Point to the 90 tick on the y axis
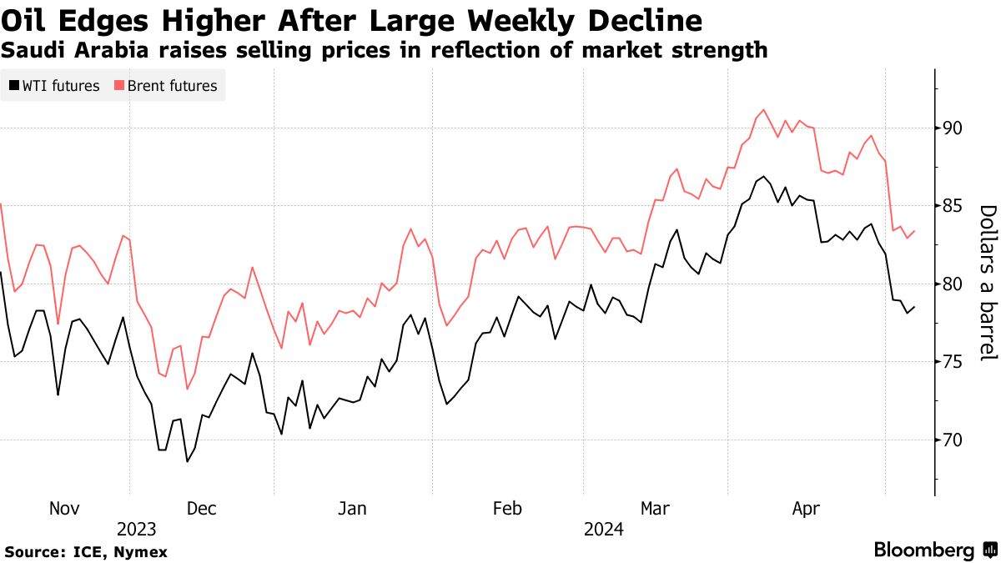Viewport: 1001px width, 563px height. click(x=953, y=128)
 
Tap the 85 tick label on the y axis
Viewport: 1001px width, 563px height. click(x=953, y=206)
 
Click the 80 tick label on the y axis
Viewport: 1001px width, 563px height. click(x=953, y=284)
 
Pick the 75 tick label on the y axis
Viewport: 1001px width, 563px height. click(x=953, y=362)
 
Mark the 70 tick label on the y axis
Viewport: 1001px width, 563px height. click(x=953, y=440)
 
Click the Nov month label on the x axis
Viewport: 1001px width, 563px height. click(x=64, y=509)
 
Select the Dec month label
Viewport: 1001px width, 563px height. click(x=202, y=509)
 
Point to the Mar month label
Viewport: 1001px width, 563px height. click(x=655, y=509)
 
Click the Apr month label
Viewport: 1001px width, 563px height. click(x=806, y=509)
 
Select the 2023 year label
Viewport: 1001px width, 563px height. click(x=136, y=530)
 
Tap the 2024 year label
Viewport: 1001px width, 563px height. click(x=603, y=530)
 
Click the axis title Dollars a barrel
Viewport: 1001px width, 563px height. click(x=988, y=284)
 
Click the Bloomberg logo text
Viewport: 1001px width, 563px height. click(x=924, y=550)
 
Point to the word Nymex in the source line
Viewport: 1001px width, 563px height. click(x=141, y=552)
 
